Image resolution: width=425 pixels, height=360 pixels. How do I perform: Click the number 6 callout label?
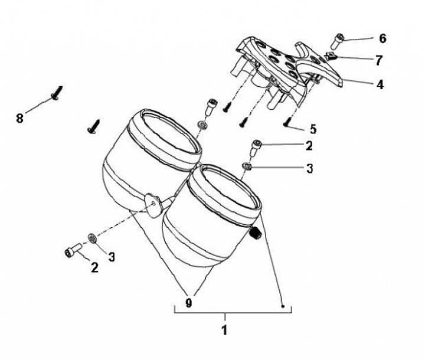(382, 38)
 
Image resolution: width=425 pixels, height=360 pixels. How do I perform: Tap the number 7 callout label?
(378, 60)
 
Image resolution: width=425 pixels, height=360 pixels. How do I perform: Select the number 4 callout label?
(380, 84)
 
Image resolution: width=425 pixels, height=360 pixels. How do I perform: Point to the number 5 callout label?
(313, 129)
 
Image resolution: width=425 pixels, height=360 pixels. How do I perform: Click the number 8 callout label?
(19, 119)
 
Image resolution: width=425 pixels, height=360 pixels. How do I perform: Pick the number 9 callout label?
(189, 303)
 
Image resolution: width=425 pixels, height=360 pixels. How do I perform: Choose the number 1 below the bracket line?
(224, 330)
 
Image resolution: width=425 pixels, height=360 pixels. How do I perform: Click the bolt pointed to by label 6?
(337, 41)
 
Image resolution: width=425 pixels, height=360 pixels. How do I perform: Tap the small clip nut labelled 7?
(329, 57)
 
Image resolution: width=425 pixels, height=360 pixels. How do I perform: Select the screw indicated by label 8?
(57, 93)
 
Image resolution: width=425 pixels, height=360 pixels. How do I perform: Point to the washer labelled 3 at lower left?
(93, 238)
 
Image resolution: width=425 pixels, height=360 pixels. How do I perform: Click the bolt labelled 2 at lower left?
(73, 250)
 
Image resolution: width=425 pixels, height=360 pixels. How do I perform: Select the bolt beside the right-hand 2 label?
(256, 148)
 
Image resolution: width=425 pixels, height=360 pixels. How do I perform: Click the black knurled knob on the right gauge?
(255, 233)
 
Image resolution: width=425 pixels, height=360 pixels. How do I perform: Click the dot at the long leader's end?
(283, 306)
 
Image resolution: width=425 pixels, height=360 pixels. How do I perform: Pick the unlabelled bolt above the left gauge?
(212, 107)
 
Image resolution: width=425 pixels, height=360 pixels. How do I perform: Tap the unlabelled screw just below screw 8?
(93, 127)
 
